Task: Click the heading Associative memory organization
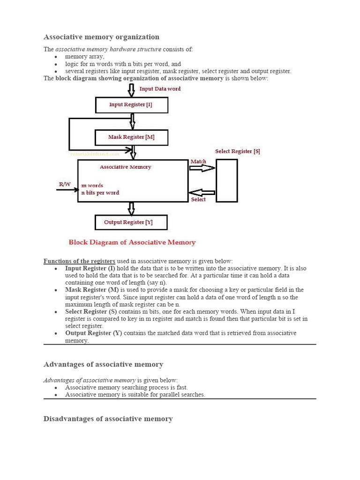coord(101,37)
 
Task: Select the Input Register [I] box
coord(131,105)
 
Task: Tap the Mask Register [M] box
coord(131,137)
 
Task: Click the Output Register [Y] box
coord(131,222)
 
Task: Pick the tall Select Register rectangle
coord(226,180)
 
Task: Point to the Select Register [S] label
coord(237,151)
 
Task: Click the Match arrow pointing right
coord(202,168)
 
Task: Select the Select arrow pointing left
coord(202,192)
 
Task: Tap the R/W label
coord(64,184)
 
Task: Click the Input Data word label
coord(160,89)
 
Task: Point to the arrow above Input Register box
coord(131,90)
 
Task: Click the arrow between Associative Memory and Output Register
coord(131,208)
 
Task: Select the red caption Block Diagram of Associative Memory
coord(132,242)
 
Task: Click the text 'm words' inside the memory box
coord(92,186)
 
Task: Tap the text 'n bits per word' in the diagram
coord(100,193)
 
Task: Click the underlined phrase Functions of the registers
coord(79,261)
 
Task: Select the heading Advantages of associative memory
coord(103,364)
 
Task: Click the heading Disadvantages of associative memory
coord(108,419)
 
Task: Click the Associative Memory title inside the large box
coord(126,167)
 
